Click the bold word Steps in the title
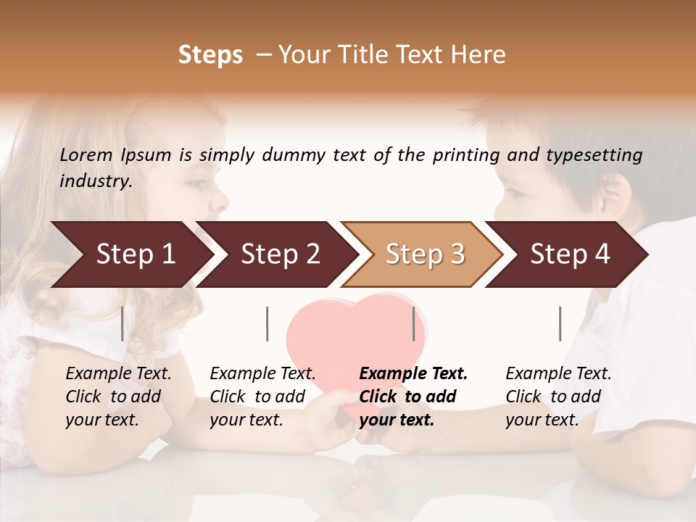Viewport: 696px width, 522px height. [x=210, y=56]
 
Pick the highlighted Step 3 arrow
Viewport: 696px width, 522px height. [x=425, y=254]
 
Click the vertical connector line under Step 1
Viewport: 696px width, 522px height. [x=123, y=323]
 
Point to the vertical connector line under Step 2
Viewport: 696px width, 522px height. [x=268, y=323]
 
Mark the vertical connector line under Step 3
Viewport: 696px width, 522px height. [x=413, y=323]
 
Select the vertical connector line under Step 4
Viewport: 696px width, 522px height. [x=560, y=323]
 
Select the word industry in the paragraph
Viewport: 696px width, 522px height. [x=95, y=181]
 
